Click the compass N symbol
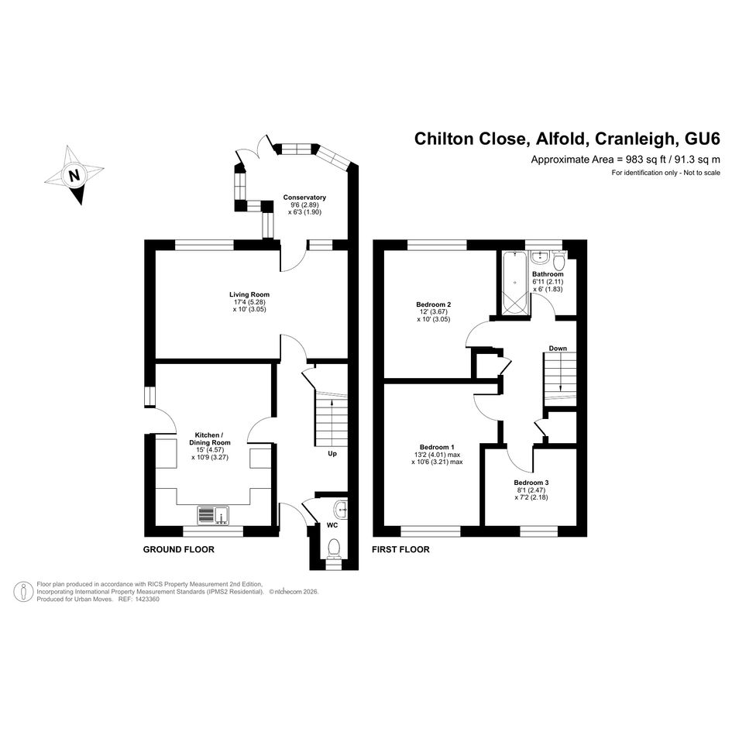click(x=74, y=175)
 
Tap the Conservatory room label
click(x=304, y=198)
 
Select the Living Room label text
click(x=249, y=294)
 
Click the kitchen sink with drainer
click(x=213, y=515)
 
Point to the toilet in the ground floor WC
click(x=334, y=548)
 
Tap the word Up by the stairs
click(x=332, y=453)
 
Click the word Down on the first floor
click(x=558, y=349)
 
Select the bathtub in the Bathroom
click(x=515, y=282)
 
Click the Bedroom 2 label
click(x=433, y=304)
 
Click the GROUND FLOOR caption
click(x=178, y=550)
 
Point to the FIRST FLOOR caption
click(x=400, y=550)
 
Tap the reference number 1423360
click(x=146, y=599)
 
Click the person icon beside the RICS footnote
click(x=23, y=592)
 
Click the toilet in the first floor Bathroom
click(x=558, y=260)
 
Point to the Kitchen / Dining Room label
click(x=210, y=439)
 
